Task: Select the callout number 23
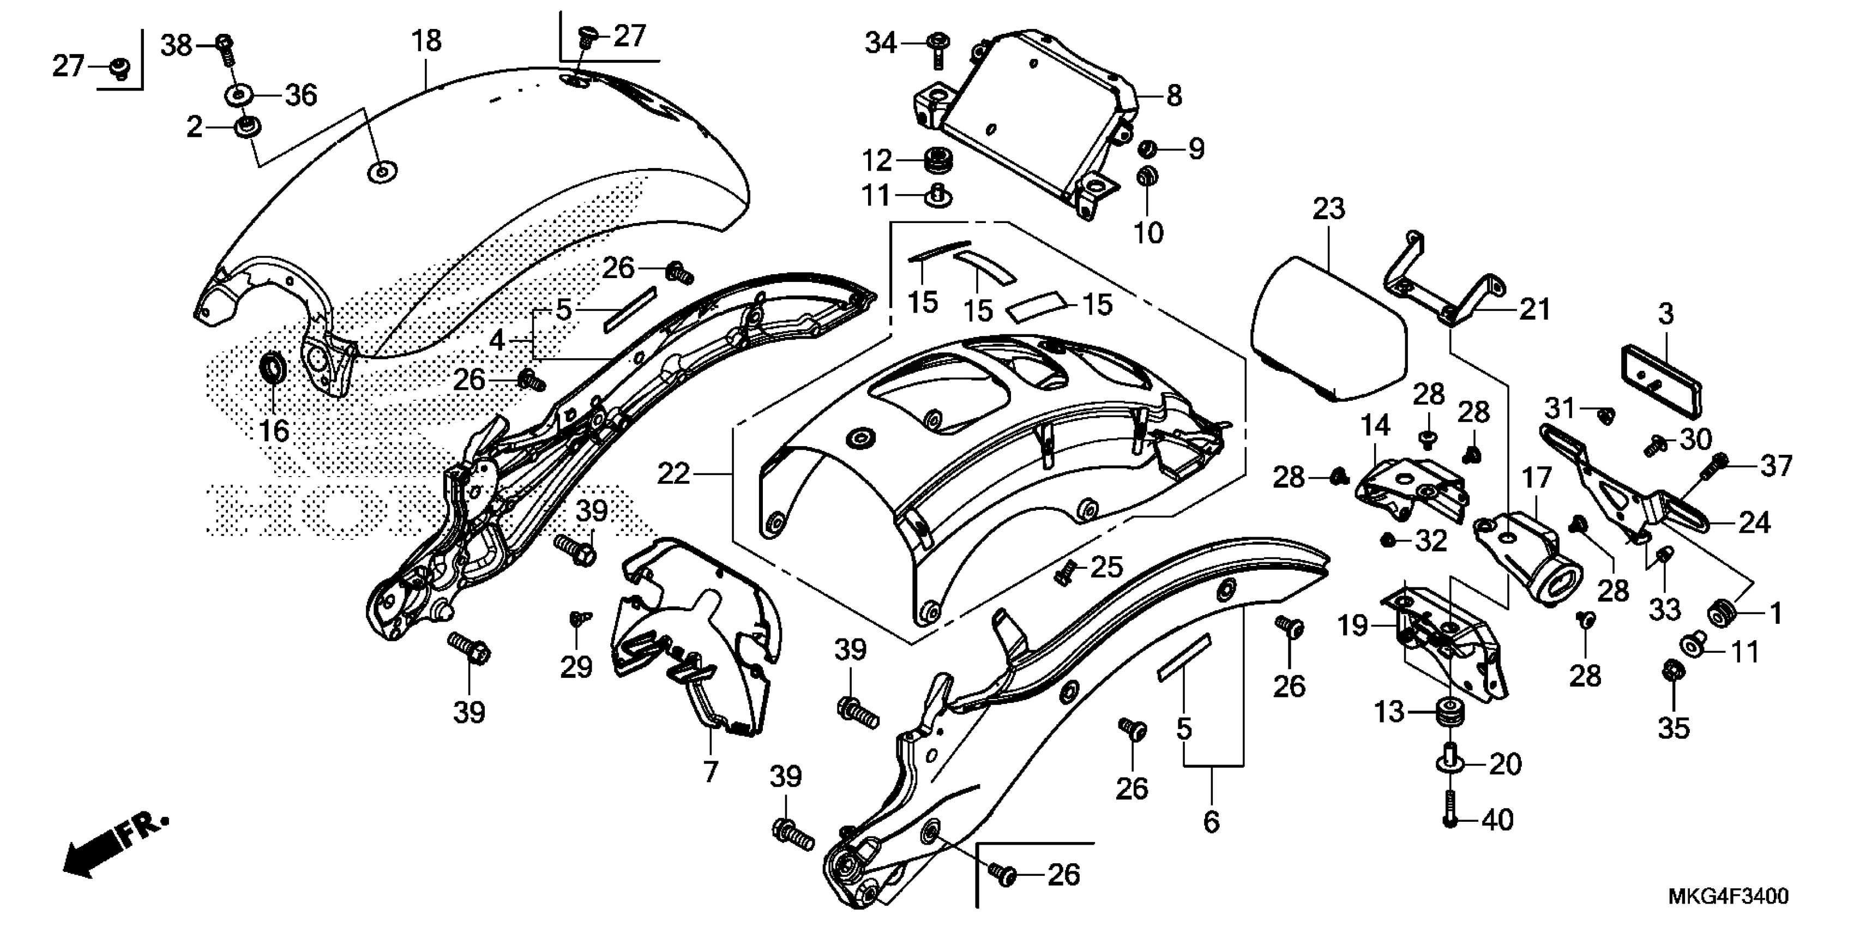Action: tap(1328, 209)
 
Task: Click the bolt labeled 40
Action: tap(1450, 819)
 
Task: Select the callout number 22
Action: tap(673, 473)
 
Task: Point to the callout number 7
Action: tap(711, 772)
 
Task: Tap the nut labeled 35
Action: tap(1672, 672)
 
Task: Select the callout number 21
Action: tap(1534, 310)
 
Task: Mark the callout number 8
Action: tap(1174, 95)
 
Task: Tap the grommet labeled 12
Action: tap(936, 160)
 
